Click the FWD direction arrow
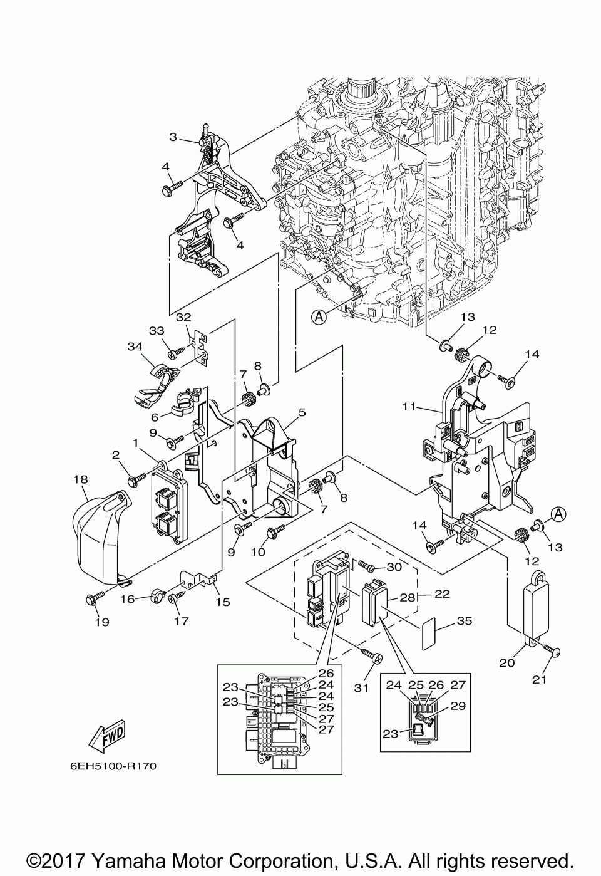click(108, 737)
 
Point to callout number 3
click(173, 136)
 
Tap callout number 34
click(135, 346)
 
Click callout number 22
click(442, 594)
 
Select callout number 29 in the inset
click(458, 706)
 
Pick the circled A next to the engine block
click(319, 317)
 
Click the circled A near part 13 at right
click(558, 514)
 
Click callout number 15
click(222, 602)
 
